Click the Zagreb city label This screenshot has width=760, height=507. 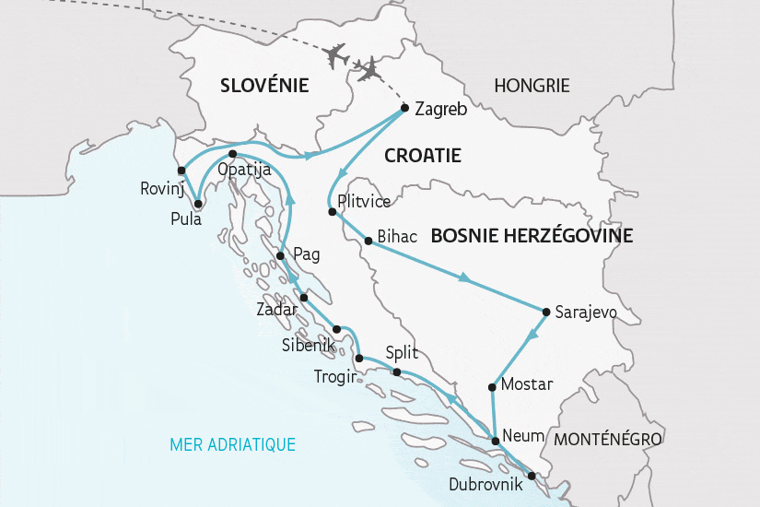(x=441, y=109)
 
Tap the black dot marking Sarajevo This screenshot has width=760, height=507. (x=546, y=311)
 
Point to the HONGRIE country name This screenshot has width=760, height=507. (x=532, y=86)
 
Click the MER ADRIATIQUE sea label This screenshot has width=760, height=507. (x=232, y=445)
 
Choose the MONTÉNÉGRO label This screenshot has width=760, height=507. (x=608, y=439)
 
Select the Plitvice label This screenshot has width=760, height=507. (x=366, y=201)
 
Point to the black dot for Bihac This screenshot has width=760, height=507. (x=368, y=242)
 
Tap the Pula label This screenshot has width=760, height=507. (x=187, y=218)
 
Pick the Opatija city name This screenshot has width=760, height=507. (x=243, y=170)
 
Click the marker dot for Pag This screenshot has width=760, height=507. (x=280, y=255)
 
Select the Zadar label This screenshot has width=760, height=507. (x=277, y=310)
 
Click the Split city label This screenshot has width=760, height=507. (x=402, y=353)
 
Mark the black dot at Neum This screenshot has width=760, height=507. (x=496, y=442)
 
